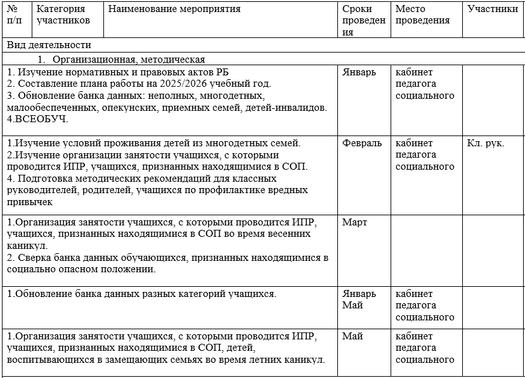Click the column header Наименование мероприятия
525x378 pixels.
click(174, 9)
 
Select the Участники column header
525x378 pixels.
click(492, 9)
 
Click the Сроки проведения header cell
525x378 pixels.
click(364, 20)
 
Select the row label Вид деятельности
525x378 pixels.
click(49, 46)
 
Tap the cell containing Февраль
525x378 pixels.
click(362, 143)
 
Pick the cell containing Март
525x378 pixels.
click(354, 223)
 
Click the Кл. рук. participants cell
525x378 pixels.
click(486, 143)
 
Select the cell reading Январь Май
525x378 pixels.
click(359, 299)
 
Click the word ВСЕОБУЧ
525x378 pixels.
click(41, 119)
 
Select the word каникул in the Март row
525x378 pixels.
click(27, 246)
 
